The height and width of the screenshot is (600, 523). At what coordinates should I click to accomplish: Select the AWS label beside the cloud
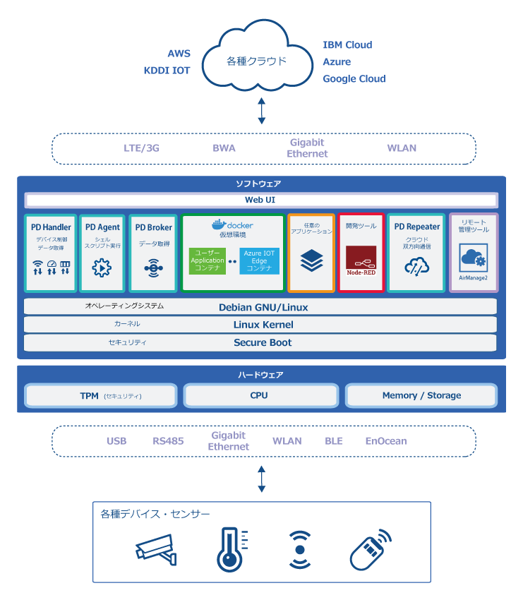pyautogui.click(x=179, y=54)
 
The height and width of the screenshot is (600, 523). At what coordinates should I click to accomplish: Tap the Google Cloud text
pyautogui.click(x=354, y=79)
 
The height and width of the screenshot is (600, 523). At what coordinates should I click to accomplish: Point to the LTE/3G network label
pyautogui.click(x=141, y=148)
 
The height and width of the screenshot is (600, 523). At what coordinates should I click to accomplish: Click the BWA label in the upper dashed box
pyautogui.click(x=224, y=148)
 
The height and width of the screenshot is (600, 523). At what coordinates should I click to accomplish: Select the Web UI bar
pyautogui.click(x=261, y=200)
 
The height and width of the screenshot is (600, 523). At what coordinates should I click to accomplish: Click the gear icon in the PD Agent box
pyautogui.click(x=102, y=268)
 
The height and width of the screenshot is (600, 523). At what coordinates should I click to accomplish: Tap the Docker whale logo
pyautogui.click(x=220, y=224)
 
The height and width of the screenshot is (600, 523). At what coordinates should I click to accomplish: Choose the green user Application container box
pyautogui.click(x=208, y=260)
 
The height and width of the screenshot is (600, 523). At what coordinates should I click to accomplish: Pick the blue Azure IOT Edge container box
pyautogui.click(x=260, y=261)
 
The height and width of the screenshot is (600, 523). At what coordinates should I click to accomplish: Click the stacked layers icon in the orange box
pyautogui.click(x=311, y=260)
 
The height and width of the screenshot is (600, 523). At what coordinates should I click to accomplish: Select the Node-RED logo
pyautogui.click(x=361, y=260)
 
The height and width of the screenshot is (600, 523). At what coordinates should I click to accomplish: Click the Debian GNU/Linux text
pyautogui.click(x=263, y=307)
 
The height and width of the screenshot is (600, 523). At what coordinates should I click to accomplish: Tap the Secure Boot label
pyautogui.click(x=263, y=342)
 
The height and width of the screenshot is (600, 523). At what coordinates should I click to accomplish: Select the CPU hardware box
pyautogui.click(x=261, y=395)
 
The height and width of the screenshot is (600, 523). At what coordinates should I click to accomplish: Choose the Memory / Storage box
pyautogui.click(x=421, y=395)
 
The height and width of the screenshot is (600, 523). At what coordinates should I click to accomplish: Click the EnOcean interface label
pyautogui.click(x=386, y=441)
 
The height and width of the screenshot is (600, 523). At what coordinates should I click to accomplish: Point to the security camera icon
pyautogui.click(x=156, y=549)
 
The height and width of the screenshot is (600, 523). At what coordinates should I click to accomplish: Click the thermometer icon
pyautogui.click(x=232, y=549)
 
